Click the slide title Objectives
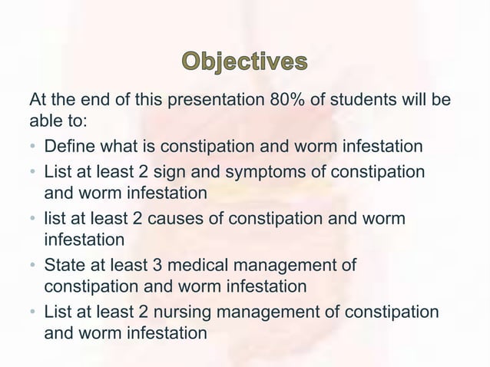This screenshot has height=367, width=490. coord(244,62)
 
